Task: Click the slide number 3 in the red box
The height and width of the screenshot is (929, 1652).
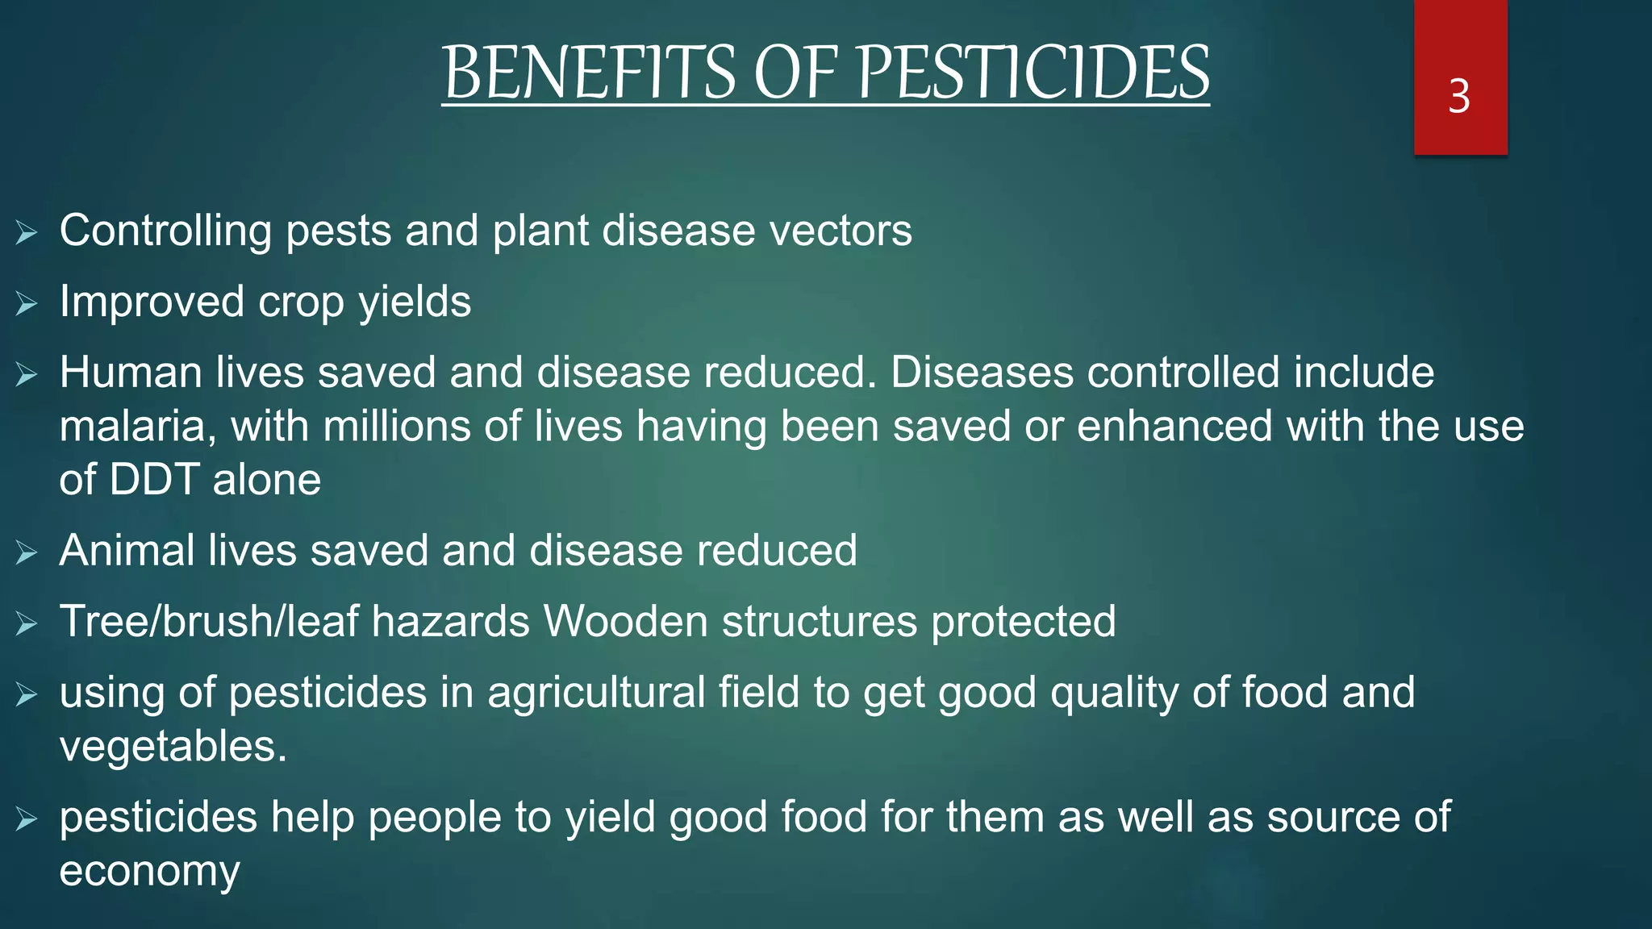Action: pos(1458,97)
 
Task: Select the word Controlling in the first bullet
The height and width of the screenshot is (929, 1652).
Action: pos(165,231)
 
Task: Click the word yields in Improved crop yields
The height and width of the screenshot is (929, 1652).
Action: pos(415,303)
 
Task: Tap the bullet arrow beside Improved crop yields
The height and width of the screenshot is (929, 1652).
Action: pos(27,304)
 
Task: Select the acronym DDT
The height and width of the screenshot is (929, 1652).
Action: pos(154,480)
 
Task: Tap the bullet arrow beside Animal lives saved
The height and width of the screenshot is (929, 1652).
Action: pos(27,552)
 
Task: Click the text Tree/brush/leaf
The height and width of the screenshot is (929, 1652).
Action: pos(209,622)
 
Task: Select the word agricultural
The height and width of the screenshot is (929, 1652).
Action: pos(596,693)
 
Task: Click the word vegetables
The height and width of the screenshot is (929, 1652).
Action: pos(172,746)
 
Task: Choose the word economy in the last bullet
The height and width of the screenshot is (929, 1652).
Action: pos(149,872)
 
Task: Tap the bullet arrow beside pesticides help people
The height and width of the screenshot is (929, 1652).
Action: pos(27,819)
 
